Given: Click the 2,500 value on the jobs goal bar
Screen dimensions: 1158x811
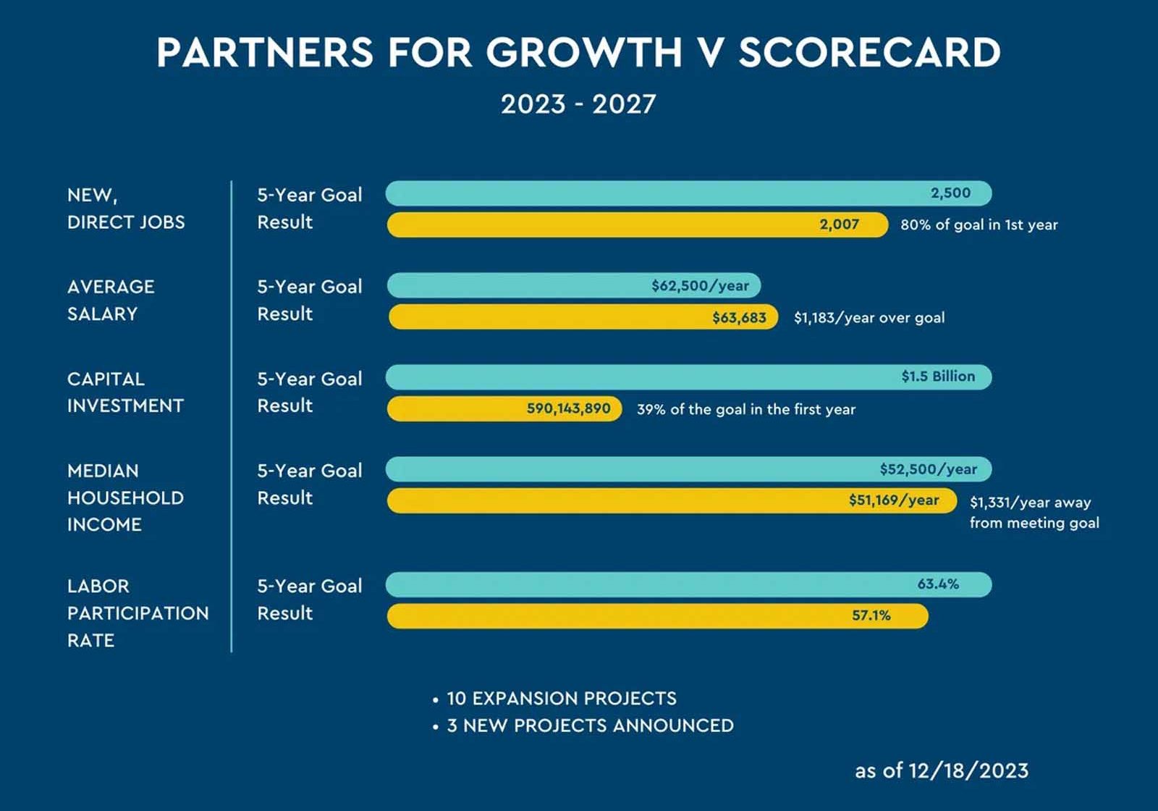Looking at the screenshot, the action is coord(951,193).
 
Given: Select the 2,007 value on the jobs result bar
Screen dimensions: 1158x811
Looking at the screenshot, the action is coord(839,224).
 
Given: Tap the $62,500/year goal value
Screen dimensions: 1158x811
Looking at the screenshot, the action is coord(700,285).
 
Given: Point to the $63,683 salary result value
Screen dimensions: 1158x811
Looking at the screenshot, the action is coord(739,317).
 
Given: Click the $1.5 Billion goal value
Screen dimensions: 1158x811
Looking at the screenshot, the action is coord(938,376).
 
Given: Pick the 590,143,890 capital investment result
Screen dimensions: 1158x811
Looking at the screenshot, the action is coord(569,408).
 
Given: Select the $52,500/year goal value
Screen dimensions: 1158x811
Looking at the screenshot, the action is coord(929,469).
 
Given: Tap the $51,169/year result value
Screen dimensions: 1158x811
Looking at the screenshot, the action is coord(894,500).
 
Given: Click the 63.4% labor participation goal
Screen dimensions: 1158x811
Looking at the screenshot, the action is coord(938,584).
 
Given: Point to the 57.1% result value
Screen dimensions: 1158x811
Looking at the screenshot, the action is coord(871,615).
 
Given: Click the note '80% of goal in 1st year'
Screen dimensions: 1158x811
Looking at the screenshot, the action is coord(979,225).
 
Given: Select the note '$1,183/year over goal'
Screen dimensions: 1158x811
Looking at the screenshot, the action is coord(869,318).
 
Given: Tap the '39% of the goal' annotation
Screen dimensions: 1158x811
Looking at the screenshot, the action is coord(746,410).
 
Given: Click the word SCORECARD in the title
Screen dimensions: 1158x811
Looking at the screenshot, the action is coord(869,52).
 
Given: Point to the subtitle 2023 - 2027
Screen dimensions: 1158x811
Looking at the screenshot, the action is coord(578,104).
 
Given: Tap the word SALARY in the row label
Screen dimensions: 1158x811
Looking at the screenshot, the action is coord(102,314).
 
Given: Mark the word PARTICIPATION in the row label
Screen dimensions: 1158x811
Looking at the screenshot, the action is coord(138,613).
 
